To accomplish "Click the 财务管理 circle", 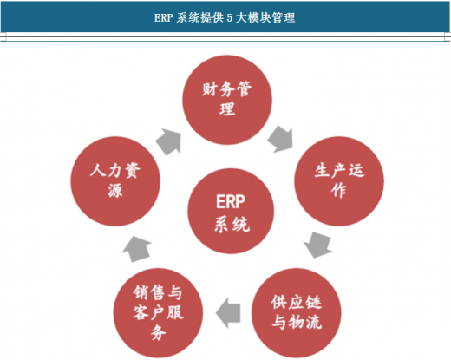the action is pyautogui.click(x=227, y=100).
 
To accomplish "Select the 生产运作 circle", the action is pyautogui.click(x=339, y=181).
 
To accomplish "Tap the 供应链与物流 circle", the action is pyautogui.click(x=297, y=313).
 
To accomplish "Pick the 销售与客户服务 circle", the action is pyautogui.click(x=158, y=313).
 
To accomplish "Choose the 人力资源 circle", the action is pyautogui.click(x=115, y=181).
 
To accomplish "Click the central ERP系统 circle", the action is pyautogui.click(x=231, y=211).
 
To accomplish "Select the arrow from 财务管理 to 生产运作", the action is pyautogui.click(x=280, y=139).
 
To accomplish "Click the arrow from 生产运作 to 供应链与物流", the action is pyautogui.click(x=318, y=245).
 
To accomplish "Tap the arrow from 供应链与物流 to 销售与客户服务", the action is pyautogui.click(x=228, y=313).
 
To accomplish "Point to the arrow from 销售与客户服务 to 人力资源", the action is pyautogui.click(x=137, y=249).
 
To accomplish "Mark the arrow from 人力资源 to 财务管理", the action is pyautogui.click(x=168, y=141).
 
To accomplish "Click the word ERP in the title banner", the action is pyautogui.click(x=163, y=18).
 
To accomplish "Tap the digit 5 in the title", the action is pyautogui.click(x=229, y=18).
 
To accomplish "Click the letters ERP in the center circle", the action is pyautogui.click(x=231, y=201).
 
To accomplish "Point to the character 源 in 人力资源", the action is pyautogui.click(x=115, y=191).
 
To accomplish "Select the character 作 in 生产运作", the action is pyautogui.click(x=339, y=191).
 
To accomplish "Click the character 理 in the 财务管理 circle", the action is pyautogui.click(x=227, y=109).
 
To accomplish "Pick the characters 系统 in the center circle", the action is pyautogui.click(x=232, y=225).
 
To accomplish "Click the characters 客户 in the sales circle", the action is pyautogui.click(x=149, y=313).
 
